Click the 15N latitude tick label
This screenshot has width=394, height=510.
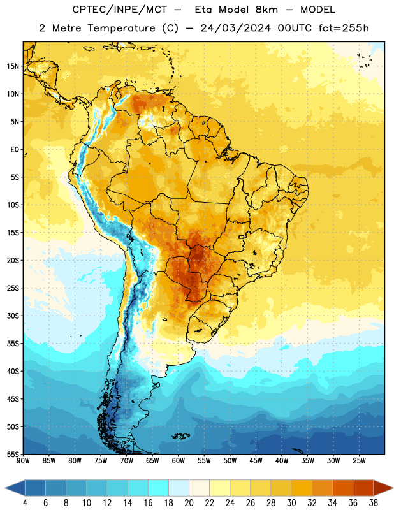[x=13, y=66]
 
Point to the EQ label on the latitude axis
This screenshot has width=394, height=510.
[x=15, y=150]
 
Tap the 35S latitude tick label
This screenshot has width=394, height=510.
[x=13, y=344]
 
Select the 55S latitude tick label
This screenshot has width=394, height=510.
[x=13, y=454]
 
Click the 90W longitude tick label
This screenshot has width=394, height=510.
[x=23, y=461]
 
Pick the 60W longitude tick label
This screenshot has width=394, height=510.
[x=179, y=461]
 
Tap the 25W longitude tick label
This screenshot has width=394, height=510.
[x=359, y=461]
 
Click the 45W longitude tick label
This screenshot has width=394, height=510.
[x=256, y=461]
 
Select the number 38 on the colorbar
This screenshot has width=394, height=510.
[x=373, y=503]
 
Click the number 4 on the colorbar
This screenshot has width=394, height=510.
[x=25, y=503]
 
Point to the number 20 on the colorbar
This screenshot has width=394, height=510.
[x=189, y=503]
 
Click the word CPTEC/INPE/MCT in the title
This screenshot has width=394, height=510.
[x=120, y=10]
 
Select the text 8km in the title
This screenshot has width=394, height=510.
[x=266, y=10]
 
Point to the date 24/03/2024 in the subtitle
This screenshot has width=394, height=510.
[x=235, y=28]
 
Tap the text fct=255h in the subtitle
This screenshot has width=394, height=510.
[x=344, y=28]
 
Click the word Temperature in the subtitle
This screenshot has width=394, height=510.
[x=121, y=29]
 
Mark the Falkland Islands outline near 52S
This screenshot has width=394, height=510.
[x=181, y=436]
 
